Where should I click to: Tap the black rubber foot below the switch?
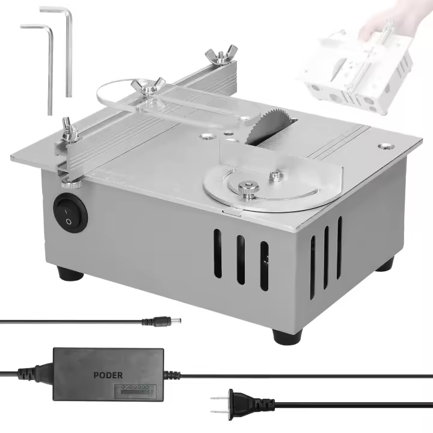(71, 273)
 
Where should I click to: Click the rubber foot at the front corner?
(286, 334)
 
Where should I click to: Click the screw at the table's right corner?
(383, 146)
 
